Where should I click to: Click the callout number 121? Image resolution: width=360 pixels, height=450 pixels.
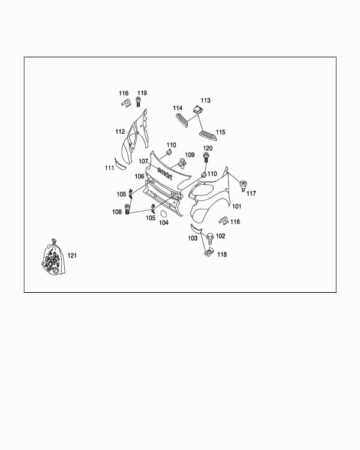coord(72,256)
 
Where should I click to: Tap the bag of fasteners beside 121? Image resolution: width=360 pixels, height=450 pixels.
coord(53,257)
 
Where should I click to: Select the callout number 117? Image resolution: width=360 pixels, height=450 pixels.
coord(251,193)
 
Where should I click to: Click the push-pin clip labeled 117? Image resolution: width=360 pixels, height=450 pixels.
coord(244,185)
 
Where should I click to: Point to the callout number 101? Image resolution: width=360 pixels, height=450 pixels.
coord(237,206)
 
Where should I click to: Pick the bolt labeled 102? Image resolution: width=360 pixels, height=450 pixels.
coord(211,238)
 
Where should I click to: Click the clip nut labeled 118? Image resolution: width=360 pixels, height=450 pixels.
coord(209,252)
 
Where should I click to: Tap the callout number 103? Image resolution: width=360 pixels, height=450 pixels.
coord(193,238)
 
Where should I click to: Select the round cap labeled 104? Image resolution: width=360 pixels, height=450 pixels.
coord(164,214)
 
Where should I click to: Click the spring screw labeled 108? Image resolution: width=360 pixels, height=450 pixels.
coord(127,209)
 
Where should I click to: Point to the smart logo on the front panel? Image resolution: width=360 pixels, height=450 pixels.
coord(165,173)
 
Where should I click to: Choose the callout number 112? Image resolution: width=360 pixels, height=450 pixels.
coord(120,131)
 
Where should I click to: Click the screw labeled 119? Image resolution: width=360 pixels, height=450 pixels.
coord(138,101)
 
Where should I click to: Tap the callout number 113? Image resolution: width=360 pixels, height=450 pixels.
coord(206,100)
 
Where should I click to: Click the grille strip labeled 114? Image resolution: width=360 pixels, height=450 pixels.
coord(182,119)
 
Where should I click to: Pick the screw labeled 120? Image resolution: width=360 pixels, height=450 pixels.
coord(206,158)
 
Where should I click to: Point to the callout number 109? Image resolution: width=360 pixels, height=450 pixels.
coord(190,155)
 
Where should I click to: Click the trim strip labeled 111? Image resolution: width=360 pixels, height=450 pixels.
coord(120,164)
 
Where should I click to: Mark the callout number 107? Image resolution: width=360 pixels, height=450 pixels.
coord(143,161)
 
